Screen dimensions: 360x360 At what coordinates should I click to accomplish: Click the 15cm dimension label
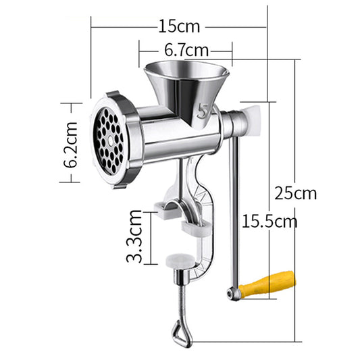coord(180,27)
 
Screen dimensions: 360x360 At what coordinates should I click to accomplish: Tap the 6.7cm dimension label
coord(186,51)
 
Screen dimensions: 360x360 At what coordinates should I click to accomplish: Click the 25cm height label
coord(295,192)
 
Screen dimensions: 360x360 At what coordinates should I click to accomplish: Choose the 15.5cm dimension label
coord(270,220)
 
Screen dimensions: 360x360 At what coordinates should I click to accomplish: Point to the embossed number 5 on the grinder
coord(204,111)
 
